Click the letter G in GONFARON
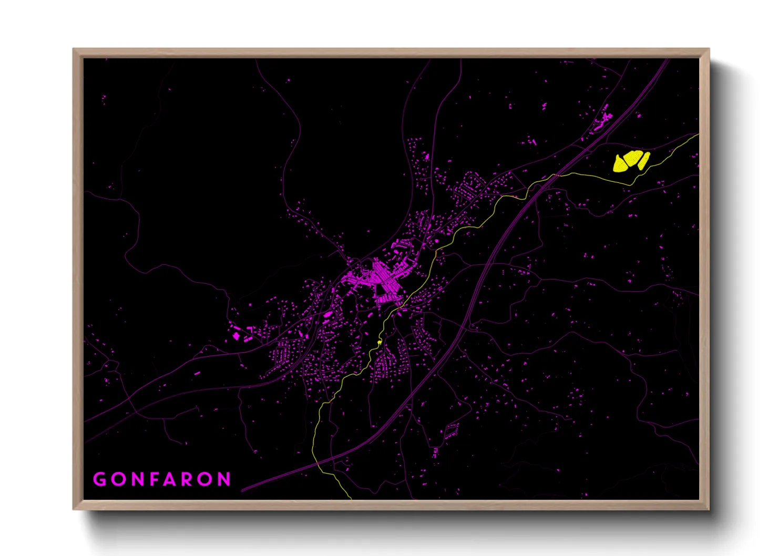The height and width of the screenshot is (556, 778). pyautogui.click(x=99, y=479)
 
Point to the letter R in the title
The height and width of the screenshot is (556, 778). pyautogui.click(x=188, y=479)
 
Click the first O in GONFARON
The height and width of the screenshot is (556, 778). pyautogui.click(x=117, y=479)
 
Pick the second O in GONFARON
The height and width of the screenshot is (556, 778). pyautogui.click(x=206, y=479)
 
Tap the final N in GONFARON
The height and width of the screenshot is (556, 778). pyautogui.click(x=225, y=479)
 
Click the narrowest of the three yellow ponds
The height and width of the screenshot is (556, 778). pyautogui.click(x=644, y=159)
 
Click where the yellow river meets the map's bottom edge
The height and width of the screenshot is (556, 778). pyautogui.click(x=351, y=498)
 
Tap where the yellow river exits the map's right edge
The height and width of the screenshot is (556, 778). pyautogui.click(x=698, y=135)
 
